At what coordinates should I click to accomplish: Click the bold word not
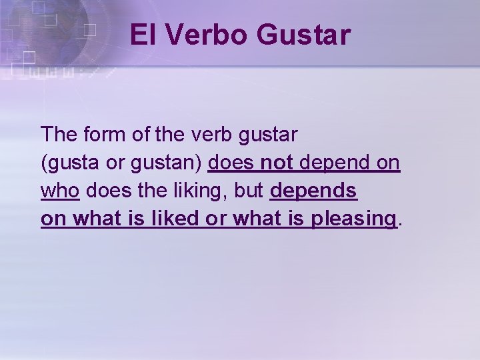(x=277, y=162)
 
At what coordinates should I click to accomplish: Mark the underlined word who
(x=60, y=190)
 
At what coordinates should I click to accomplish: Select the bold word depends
(x=313, y=191)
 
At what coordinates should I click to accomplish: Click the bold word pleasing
(x=353, y=219)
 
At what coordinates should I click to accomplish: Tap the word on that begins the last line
(x=52, y=219)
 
